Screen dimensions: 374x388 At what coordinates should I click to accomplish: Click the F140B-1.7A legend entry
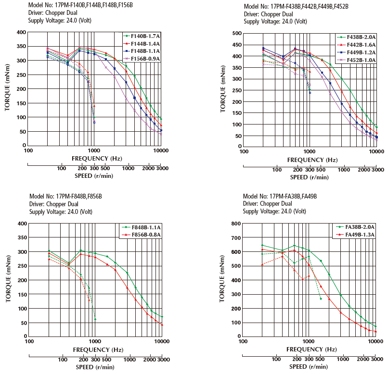coord(144,36)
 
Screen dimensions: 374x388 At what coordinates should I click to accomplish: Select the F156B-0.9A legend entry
coord(144,59)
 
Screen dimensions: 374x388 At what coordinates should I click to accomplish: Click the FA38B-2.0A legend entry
coord(357,227)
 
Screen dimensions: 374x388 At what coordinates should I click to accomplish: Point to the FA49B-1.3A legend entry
coord(357,235)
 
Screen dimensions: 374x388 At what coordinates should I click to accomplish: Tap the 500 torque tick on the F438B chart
coord(236,33)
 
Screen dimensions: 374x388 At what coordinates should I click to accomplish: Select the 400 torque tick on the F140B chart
coord(21,32)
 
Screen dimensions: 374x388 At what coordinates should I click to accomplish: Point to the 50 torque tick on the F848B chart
coord(22,323)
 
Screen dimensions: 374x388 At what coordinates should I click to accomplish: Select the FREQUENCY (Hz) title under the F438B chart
coord(311,160)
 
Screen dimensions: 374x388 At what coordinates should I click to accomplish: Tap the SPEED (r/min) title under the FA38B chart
coord(310,367)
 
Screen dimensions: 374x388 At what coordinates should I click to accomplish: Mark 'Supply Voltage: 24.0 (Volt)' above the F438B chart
coord(275,22)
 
